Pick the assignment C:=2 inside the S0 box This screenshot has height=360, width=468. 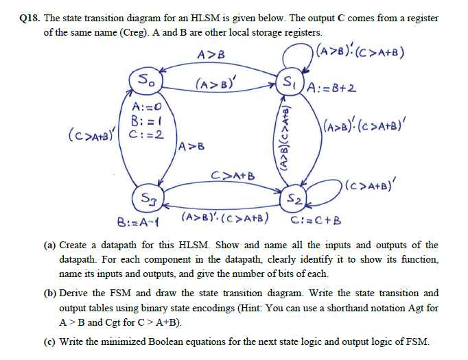point(151,133)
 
